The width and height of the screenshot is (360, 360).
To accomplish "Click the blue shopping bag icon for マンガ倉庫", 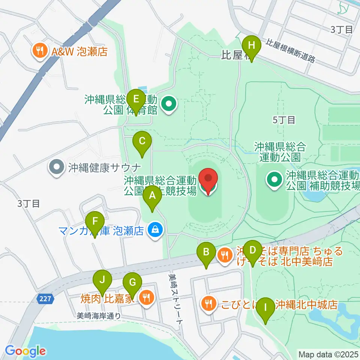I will click(x=154, y=229).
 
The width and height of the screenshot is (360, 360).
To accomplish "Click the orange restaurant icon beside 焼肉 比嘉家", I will click(x=145, y=298).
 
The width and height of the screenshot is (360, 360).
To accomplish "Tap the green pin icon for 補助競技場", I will click(x=274, y=179).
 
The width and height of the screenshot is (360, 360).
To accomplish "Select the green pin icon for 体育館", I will click(x=169, y=104).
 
